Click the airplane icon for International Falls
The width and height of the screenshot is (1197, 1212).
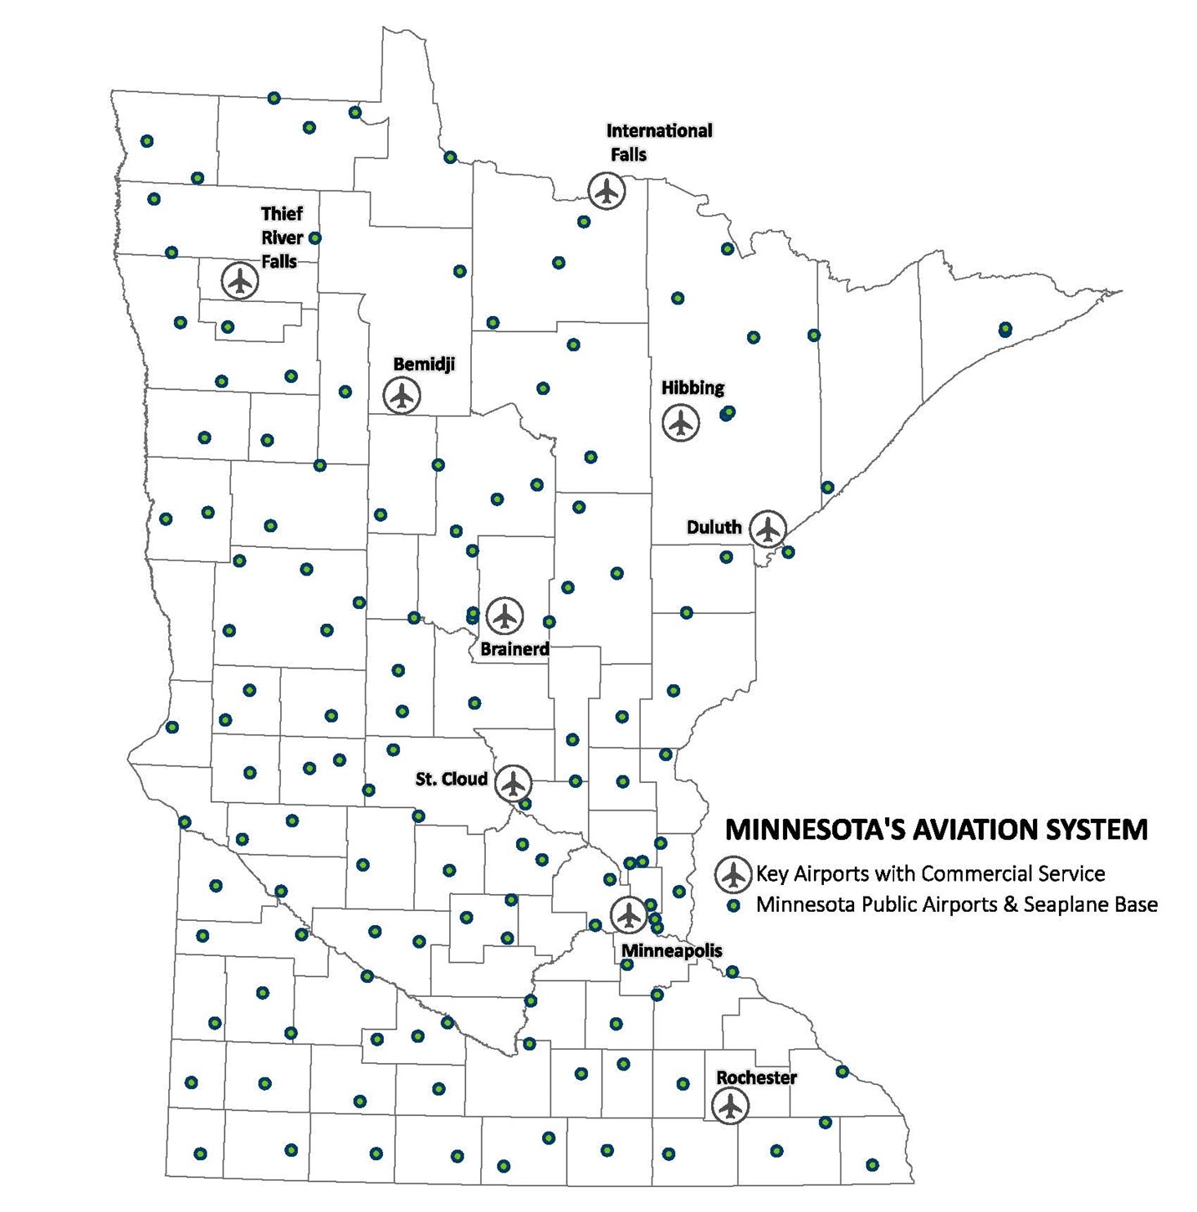606,192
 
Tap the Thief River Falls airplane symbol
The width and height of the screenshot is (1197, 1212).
240,281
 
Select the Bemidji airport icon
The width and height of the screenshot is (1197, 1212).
402,396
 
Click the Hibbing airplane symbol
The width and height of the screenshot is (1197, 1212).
681,423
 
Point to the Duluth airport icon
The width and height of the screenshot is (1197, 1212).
767,529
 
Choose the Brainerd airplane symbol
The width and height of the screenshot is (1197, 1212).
504,616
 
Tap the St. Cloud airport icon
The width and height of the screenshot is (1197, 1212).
513,784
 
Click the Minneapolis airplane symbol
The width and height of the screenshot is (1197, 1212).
628,915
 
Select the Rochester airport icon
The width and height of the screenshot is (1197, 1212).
730,1106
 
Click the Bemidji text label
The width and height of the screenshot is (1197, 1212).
424,365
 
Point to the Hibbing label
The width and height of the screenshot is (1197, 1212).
693,388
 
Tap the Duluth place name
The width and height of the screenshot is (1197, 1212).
714,528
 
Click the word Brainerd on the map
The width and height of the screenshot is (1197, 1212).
514,649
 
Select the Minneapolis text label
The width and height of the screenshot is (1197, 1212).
672,951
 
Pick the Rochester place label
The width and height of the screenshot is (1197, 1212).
756,1078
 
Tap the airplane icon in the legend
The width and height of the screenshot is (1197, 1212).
734,875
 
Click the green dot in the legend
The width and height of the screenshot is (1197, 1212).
734,906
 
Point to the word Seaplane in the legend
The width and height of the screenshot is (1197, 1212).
1062,905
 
